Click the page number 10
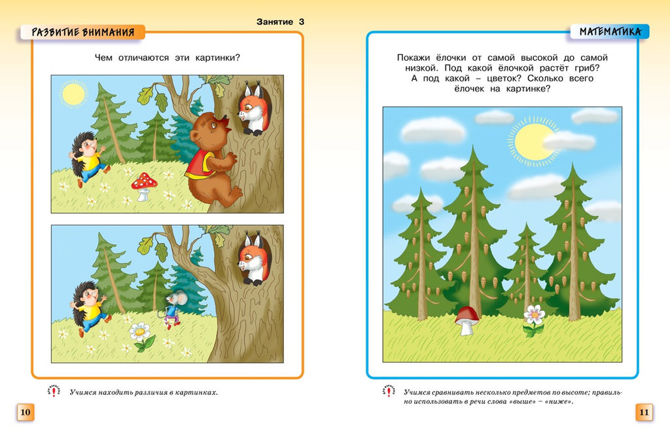pos(25,412)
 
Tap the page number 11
pos(644,412)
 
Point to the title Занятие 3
pos(281,22)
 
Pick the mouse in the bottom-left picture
pos(173,308)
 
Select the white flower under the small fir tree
pos(534,319)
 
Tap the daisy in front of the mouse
pos(140,333)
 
